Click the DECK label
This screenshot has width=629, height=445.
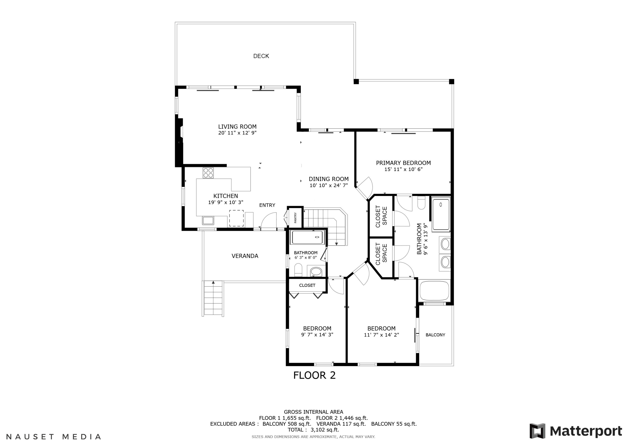coord(261,56)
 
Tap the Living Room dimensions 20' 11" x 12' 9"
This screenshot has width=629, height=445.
coord(237,133)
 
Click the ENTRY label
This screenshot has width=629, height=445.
coord(267,205)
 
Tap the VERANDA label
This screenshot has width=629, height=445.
coord(245,256)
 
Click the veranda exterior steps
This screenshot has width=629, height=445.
coord(213,299)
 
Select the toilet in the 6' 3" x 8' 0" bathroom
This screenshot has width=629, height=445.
coord(298,270)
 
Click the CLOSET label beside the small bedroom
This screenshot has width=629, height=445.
coord(307,285)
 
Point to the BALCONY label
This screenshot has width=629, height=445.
coord(435,335)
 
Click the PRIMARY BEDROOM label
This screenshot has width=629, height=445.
coord(403,163)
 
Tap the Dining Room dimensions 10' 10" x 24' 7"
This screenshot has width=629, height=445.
coord(329,185)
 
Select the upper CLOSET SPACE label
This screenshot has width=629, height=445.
coord(381,216)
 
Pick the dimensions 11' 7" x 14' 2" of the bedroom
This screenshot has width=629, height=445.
coord(381,335)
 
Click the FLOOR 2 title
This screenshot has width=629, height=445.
coord(314,375)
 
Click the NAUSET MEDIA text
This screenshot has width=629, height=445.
coord(54,437)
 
